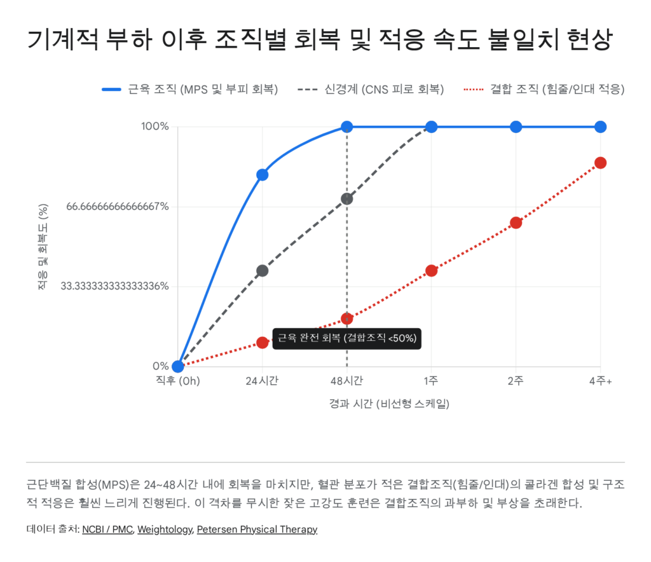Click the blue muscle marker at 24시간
(x=262, y=175)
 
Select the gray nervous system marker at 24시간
(x=262, y=271)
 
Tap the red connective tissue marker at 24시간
(x=262, y=343)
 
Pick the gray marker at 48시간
(x=346, y=199)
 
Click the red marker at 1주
(x=431, y=271)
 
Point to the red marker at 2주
(x=516, y=223)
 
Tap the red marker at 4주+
(x=600, y=163)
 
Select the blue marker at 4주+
(x=600, y=127)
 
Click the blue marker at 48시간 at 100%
(x=346, y=127)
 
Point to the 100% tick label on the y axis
(x=154, y=127)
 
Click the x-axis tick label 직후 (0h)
(x=178, y=381)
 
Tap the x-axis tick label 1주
(x=431, y=381)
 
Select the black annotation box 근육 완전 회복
(x=346, y=338)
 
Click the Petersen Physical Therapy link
(x=257, y=529)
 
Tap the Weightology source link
(x=165, y=529)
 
